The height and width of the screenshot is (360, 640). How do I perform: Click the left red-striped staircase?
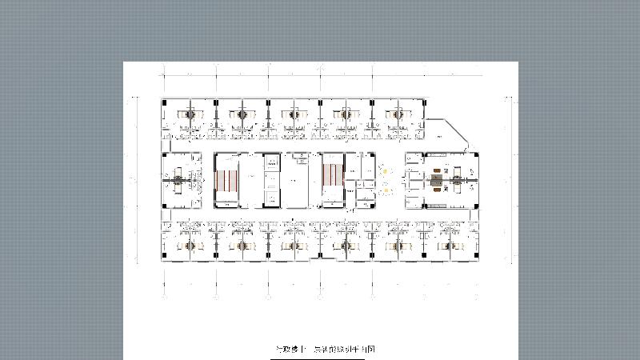tap(226, 181)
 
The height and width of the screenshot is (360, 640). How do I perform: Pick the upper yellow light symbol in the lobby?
tap(385, 170)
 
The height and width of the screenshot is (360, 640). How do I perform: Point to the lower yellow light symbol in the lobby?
tap(386, 190)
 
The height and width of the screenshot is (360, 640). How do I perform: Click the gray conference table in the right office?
tap(436, 181)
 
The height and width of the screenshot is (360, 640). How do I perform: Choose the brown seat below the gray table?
tap(436, 190)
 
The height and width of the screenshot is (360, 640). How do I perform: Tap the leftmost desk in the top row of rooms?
tap(190, 114)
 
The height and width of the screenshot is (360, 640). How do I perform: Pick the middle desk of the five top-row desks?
tap(294, 114)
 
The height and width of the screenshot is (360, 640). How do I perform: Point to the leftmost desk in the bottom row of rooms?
tap(190, 245)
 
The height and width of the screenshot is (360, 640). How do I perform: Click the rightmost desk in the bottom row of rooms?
tap(449, 245)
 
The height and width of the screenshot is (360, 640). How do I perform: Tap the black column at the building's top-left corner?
tap(164, 101)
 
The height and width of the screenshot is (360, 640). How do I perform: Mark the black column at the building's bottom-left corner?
tap(164, 259)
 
